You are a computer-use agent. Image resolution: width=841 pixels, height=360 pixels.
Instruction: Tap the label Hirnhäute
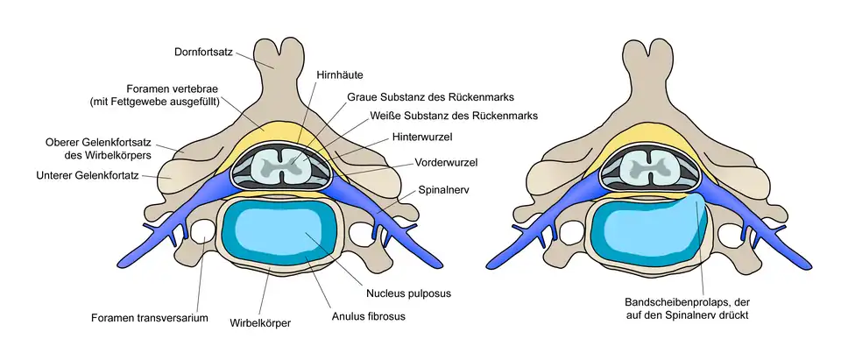[x=335, y=77]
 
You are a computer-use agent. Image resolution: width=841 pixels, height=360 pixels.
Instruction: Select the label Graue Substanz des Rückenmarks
[x=430, y=96]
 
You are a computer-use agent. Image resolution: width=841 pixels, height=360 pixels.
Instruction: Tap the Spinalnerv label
[x=446, y=188]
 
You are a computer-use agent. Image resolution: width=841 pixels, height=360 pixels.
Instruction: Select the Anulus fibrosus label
[x=369, y=315]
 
